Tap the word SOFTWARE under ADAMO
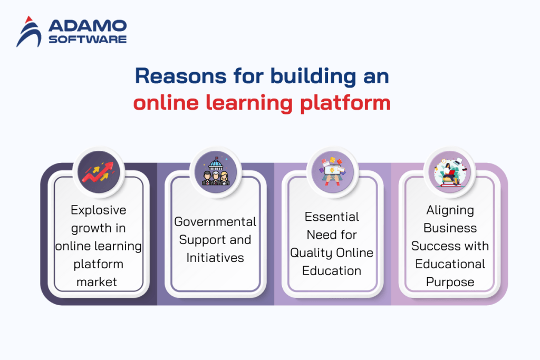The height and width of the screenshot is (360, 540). click(88, 40)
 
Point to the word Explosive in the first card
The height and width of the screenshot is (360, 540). click(99, 210)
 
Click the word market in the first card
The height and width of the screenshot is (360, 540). click(96, 282)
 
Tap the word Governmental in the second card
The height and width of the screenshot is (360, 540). click(215, 222)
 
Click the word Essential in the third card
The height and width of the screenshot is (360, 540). click(332, 217)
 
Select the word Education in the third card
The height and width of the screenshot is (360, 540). click(332, 271)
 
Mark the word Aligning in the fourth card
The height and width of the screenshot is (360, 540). click(450, 210)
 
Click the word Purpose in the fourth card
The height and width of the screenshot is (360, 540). click(450, 282)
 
